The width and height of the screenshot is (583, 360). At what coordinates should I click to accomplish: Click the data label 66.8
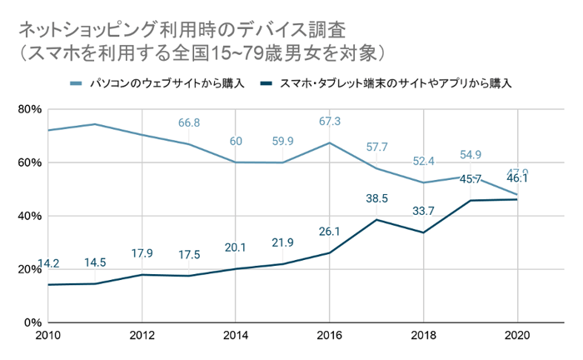pos(189,123)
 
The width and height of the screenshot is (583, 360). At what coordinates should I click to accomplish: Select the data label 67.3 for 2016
pos(330,122)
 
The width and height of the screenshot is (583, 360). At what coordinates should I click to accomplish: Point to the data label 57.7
pos(376,147)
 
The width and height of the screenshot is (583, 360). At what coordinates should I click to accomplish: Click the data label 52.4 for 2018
pos(424,162)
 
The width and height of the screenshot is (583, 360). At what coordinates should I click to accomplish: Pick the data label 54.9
pos(471,155)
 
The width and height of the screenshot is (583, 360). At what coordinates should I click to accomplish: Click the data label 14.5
pos(95,262)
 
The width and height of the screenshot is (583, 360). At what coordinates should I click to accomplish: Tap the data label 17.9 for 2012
pos(142,253)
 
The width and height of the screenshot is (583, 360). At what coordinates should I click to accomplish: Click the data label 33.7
pos(424,212)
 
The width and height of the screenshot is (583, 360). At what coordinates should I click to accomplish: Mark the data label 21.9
pos(283,242)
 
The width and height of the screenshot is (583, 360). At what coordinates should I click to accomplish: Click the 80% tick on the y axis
pos(30,109)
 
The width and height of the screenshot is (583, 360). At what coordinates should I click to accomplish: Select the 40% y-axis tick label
pos(30,216)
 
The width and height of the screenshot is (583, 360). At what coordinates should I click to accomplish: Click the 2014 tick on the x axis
pos(236,337)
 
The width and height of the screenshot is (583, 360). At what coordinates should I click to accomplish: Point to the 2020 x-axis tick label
pos(516,337)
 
